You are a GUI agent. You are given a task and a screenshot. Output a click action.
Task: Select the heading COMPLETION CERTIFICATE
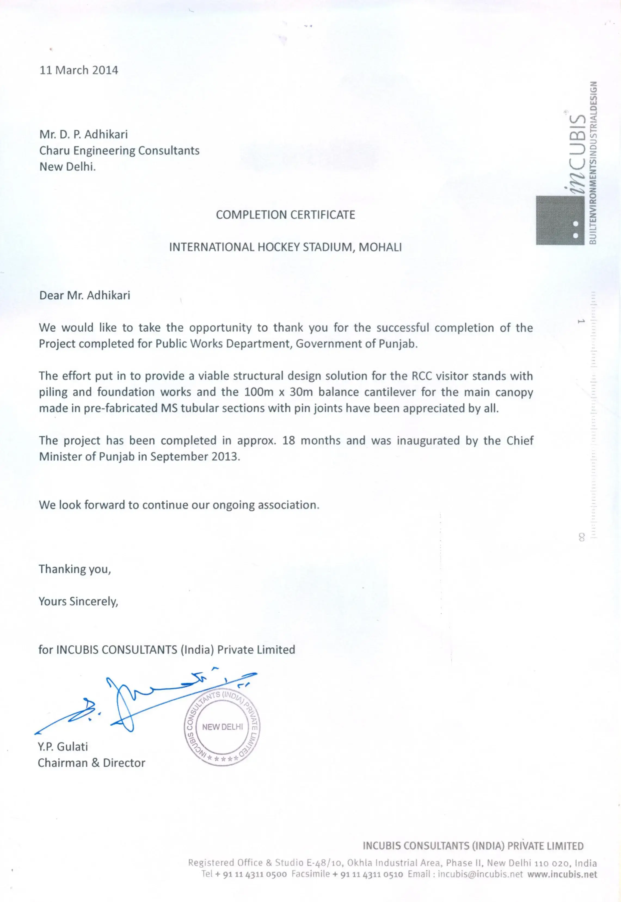285,215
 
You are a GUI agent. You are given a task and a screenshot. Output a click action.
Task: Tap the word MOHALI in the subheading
380,247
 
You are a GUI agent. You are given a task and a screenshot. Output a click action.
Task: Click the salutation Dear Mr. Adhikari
84,295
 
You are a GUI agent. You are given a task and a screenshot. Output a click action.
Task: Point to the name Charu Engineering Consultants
119,151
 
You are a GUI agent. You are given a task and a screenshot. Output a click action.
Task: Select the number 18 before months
289,440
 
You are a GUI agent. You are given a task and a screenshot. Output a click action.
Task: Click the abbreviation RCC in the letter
421,376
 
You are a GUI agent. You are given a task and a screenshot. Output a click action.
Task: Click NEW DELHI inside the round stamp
222,727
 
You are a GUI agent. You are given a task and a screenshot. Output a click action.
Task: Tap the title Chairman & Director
91,763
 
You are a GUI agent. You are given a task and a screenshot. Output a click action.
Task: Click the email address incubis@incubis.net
480,874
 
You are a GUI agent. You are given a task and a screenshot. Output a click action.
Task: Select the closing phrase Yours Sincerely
78,602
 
